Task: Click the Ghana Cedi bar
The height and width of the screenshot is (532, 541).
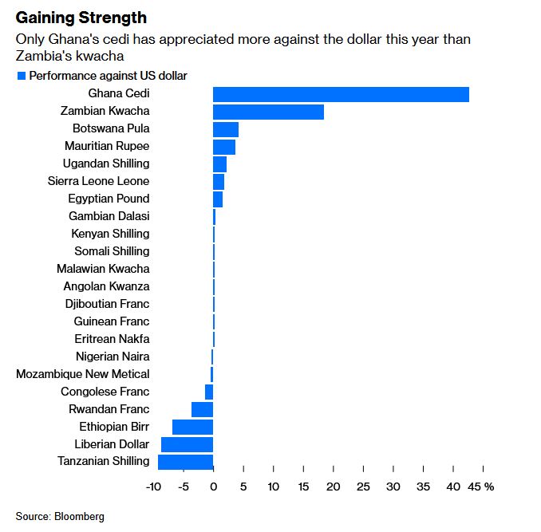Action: (x=341, y=94)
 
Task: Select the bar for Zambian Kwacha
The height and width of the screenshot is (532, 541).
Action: (x=268, y=112)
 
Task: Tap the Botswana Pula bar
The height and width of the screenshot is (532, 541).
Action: (x=226, y=129)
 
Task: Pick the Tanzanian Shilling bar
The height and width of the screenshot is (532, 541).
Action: (x=186, y=461)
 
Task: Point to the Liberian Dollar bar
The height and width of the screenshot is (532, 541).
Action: (x=188, y=444)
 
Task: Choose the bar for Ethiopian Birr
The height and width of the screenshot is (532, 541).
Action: (x=193, y=427)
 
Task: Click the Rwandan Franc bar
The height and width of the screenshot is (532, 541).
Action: (x=203, y=409)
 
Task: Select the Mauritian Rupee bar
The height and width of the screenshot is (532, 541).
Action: (x=224, y=147)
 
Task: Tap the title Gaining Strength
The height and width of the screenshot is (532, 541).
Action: (x=81, y=17)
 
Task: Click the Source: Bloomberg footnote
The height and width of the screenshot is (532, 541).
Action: (x=60, y=516)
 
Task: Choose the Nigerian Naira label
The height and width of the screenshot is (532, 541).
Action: (x=113, y=357)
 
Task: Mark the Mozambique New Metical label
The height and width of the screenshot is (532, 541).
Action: (x=83, y=374)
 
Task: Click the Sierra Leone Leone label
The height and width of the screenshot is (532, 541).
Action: (x=99, y=181)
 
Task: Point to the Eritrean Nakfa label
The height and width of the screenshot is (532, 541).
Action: (x=111, y=339)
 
